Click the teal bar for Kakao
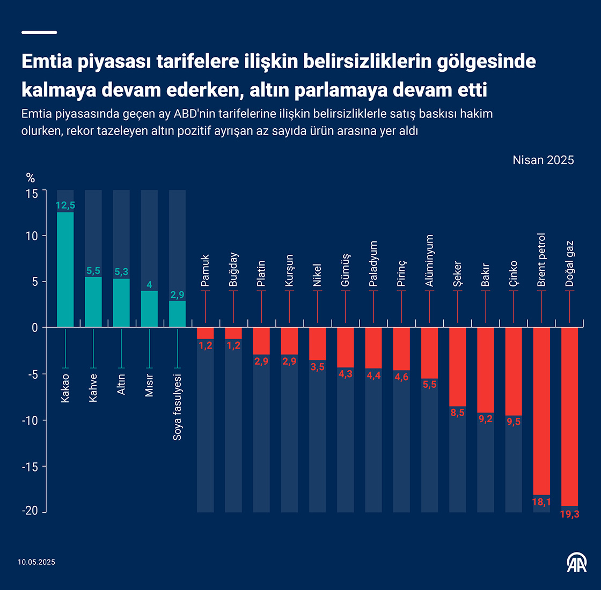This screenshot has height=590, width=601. [65, 270]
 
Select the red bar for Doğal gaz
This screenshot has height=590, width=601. [569, 416]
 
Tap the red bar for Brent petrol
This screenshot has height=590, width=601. [541, 411]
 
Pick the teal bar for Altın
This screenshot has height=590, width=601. [121, 303]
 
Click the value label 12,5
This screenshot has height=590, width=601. [65, 205]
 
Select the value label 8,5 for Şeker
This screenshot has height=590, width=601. [458, 413]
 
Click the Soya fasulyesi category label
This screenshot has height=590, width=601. [178, 408]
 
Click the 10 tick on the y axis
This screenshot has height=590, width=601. [32, 236]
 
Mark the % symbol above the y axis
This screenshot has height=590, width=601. [31, 178]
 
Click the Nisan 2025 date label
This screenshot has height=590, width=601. [543, 160]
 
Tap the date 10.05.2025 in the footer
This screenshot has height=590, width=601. [36, 562]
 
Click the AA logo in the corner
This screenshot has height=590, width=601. [577, 561]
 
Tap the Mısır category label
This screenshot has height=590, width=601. [149, 385]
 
